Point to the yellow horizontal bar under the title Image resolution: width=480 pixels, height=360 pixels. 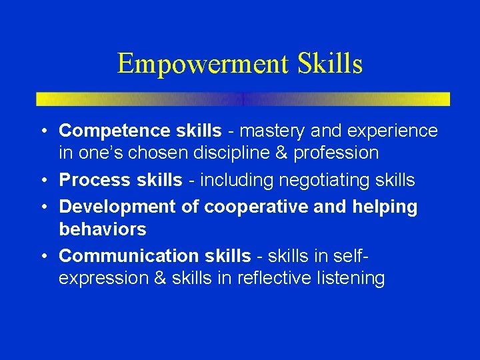point(243,99)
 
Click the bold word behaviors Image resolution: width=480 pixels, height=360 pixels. point(103,229)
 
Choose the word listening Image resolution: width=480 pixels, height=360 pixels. point(348,279)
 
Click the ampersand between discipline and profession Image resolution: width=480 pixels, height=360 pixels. point(283,153)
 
